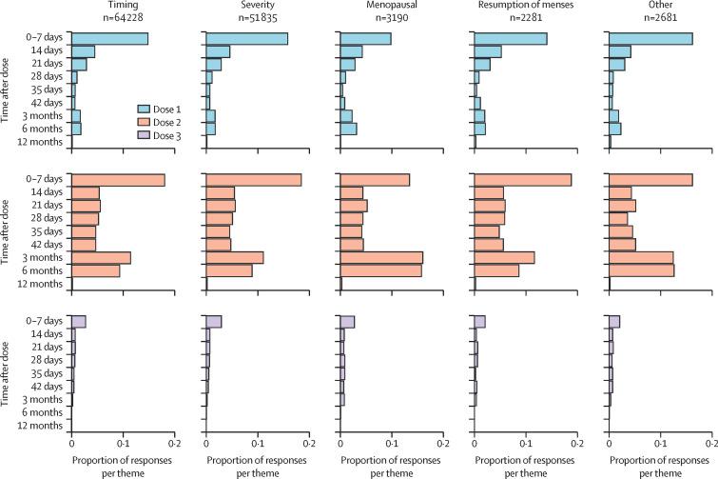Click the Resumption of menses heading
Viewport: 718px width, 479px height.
point(528,5)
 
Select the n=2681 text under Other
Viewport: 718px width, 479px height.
point(663,17)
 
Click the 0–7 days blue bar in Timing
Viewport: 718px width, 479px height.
point(109,39)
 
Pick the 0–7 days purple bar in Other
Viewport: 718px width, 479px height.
point(614,321)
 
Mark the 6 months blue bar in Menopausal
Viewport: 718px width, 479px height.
point(349,129)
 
